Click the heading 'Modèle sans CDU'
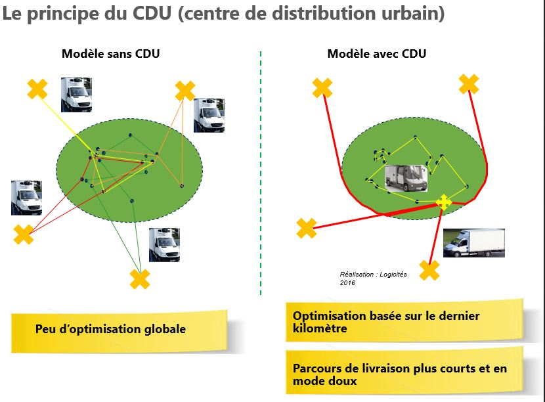(x=110, y=54)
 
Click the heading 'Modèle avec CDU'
(x=376, y=54)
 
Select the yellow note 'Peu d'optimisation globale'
(x=110, y=329)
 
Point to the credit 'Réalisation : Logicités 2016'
(x=373, y=278)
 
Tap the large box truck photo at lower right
(x=473, y=242)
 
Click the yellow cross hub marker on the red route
(x=444, y=202)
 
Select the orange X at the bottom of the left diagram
(x=140, y=279)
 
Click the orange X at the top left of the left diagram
(x=37, y=89)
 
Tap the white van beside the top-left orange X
(x=76, y=95)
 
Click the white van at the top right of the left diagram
(x=209, y=115)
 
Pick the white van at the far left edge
(x=26, y=198)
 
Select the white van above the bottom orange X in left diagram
(x=164, y=244)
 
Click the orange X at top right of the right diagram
(x=468, y=84)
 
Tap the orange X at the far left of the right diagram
(x=307, y=228)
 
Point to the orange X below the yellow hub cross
(x=429, y=270)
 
